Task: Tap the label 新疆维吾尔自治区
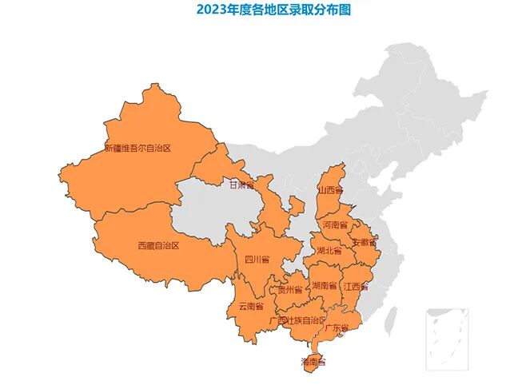pos(138,148)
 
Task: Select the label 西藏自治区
pos(158,245)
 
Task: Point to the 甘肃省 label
pos(241,185)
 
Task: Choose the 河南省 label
pos(335,225)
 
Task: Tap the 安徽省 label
pos(365,241)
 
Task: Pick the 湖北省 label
pos(329,250)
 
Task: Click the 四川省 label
pos(257,259)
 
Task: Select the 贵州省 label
pos(289,289)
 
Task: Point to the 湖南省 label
pos(324,285)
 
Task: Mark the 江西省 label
pos(356,285)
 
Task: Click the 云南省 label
pos(250,305)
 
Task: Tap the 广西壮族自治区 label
pos(298,320)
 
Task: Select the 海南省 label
pos(313,362)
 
